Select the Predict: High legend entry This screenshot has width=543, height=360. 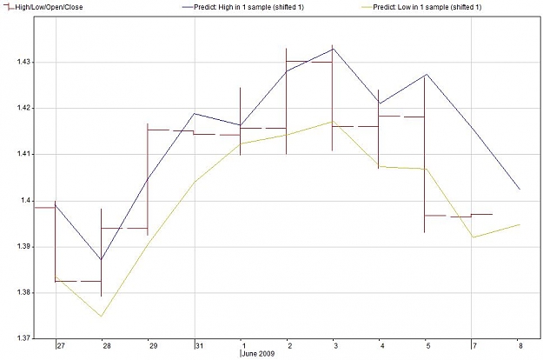242,7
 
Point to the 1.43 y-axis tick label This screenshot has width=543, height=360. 23,62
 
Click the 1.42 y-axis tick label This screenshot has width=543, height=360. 23,108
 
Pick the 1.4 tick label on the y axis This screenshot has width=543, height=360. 25,201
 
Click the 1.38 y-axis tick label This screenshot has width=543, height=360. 23,293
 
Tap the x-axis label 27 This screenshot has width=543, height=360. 61,346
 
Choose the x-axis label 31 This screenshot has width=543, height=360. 200,346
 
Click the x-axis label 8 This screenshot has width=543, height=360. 520,346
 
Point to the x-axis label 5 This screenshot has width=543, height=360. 428,346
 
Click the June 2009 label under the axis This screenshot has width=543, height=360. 258,354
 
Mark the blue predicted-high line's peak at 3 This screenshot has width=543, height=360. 333,49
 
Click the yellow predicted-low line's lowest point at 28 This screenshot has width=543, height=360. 101,317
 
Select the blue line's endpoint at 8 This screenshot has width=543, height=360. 520,190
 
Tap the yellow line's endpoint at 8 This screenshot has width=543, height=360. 520,224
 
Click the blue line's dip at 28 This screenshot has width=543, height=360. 101,259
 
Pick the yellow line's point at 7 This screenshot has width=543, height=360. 473,237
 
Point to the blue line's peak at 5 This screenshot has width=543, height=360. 427,74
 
